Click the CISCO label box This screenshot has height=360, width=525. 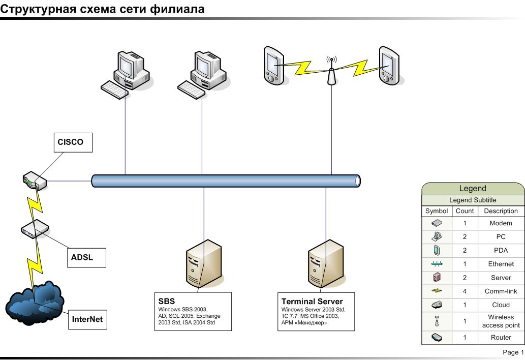click(x=73, y=142)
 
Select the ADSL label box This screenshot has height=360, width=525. click(x=87, y=258)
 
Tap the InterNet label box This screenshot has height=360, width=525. click(x=87, y=319)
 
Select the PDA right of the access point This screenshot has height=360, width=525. click(x=389, y=65)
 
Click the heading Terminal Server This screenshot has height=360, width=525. click(x=312, y=302)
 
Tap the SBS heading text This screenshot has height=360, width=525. click(x=167, y=302)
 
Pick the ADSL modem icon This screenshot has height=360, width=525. click(x=35, y=229)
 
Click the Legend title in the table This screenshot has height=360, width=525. click(x=473, y=189)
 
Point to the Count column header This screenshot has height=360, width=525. click(x=465, y=211)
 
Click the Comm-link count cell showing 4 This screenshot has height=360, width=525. click(x=465, y=291)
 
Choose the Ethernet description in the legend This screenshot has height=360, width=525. click(x=501, y=264)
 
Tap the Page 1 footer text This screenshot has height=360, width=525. click(x=513, y=352)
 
